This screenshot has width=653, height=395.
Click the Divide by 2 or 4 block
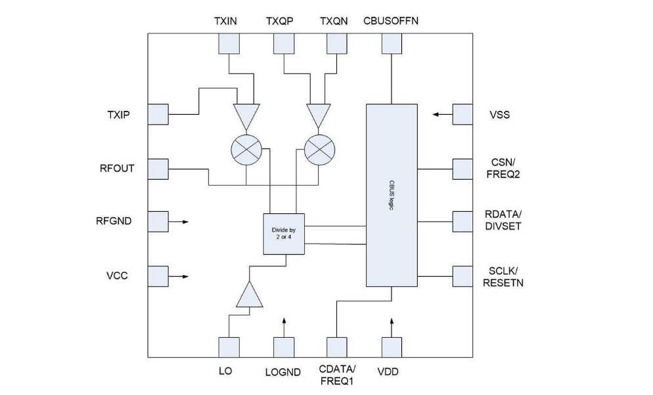tap(284, 234)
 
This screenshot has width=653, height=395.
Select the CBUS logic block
tap(392, 195)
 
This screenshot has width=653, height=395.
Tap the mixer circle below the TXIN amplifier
tap(246, 150)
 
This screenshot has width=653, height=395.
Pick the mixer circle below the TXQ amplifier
tap(320, 150)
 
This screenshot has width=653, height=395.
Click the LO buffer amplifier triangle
tap(250, 295)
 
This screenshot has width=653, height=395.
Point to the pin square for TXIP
tap(158, 114)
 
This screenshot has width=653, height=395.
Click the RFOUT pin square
tap(158, 169)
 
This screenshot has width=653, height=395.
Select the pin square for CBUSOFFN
tap(392, 44)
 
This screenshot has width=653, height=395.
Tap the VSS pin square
tap(462, 114)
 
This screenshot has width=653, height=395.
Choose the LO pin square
tap(229, 347)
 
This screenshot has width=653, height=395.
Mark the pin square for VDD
tap(392, 347)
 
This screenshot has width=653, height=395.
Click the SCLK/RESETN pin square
tap(462, 276)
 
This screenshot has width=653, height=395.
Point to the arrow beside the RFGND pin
tap(179, 222)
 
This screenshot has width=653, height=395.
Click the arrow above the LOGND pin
tap(284, 327)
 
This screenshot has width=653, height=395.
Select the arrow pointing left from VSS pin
tap(442, 114)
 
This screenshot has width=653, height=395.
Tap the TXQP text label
tap(279, 21)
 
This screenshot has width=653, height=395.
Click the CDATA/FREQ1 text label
tap(337, 375)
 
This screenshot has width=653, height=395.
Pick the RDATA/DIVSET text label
tap(503, 220)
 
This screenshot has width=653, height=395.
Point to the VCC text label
tap(117, 276)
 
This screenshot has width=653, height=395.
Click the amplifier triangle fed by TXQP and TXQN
tap(319, 115)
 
